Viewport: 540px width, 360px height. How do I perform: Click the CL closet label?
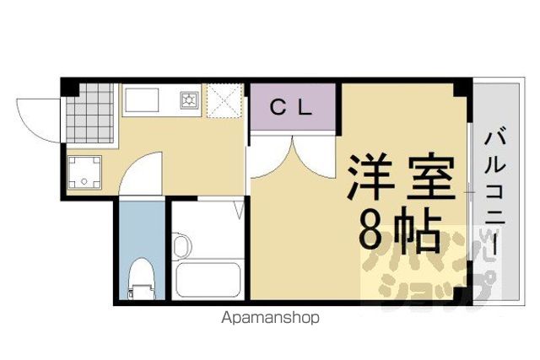point(291,108)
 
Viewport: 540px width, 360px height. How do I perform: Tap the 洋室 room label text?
point(402,178)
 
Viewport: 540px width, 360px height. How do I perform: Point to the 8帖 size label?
point(399,228)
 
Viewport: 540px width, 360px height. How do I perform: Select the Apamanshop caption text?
point(270,318)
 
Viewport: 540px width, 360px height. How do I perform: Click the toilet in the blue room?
point(142,278)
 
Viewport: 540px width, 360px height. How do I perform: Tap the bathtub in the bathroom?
point(208,280)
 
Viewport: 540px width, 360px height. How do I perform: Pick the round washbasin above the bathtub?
point(182,245)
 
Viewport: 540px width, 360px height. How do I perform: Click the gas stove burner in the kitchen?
point(189,100)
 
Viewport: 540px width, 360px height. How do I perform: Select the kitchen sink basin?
point(143,100)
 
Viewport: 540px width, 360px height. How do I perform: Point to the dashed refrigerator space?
point(225,100)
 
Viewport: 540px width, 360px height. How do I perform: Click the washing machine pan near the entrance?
point(84,172)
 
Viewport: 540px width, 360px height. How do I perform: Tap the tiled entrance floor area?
point(90,113)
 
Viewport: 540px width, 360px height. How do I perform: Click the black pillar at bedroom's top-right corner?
point(462,88)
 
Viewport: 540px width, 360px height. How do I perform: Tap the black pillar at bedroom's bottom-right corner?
point(463,294)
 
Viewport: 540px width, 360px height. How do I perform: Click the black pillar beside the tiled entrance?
point(70,88)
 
